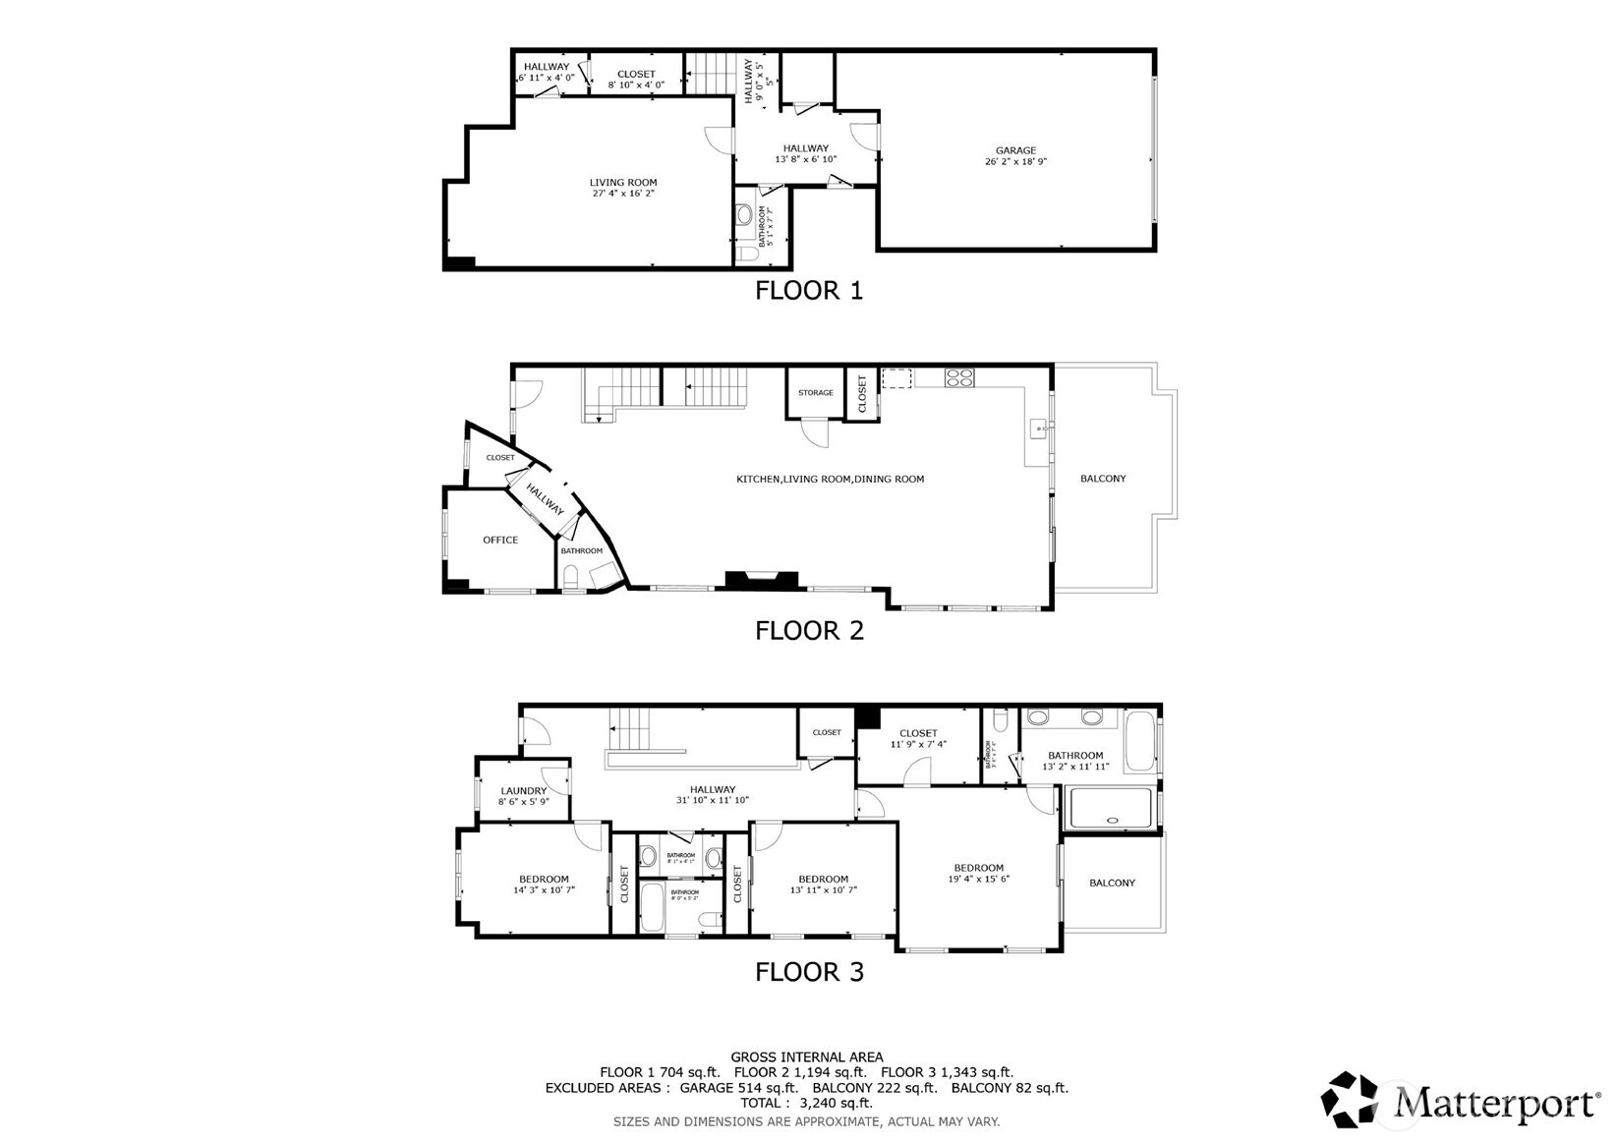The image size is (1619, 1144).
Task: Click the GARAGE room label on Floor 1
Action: (1015, 151)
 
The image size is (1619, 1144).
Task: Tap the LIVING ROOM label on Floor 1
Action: (623, 183)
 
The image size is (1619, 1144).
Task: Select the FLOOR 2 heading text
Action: (809, 631)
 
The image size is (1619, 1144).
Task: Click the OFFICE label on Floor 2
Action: (500, 540)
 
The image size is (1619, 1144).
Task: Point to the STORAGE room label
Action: (815, 393)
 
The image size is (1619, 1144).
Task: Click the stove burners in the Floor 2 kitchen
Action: (959, 376)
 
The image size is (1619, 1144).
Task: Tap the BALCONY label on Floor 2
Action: (1103, 479)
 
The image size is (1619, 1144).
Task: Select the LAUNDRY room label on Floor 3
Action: (523, 791)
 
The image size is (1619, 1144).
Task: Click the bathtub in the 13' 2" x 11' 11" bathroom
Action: (1140, 741)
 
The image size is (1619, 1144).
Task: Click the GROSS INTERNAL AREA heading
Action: (806, 1058)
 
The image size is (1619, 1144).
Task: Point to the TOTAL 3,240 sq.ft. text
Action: (806, 1103)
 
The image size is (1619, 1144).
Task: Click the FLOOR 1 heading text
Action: (808, 291)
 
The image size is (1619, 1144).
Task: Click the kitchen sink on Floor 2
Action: (1038, 429)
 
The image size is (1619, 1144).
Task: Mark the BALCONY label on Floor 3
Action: (1112, 884)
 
